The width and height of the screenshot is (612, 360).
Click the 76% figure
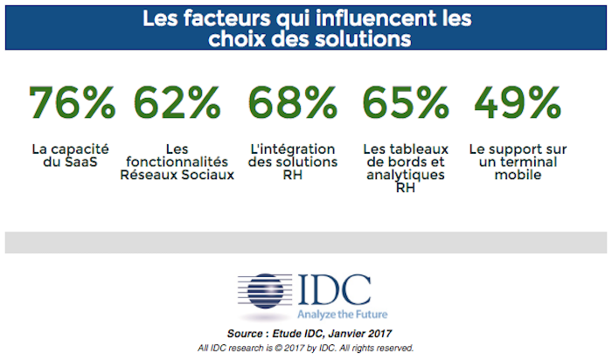click(72, 103)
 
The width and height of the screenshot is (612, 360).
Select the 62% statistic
click(178, 103)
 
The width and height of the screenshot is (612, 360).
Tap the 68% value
click(292, 103)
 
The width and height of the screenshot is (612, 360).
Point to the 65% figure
click(406, 103)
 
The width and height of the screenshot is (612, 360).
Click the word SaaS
click(93, 162)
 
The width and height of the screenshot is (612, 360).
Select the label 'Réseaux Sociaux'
click(178, 174)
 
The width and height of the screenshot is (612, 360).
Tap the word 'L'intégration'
click(293, 149)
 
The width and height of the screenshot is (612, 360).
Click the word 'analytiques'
click(405, 174)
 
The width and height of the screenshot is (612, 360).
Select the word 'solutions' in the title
click(353, 38)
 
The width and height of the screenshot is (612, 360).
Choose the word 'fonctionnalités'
click(178, 162)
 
